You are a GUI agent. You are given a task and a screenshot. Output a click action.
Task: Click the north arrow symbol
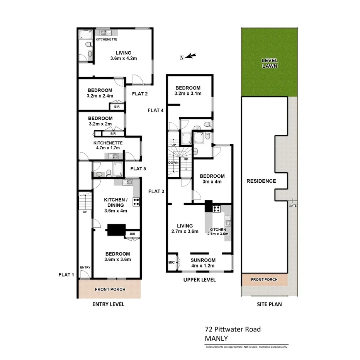tap(191, 57)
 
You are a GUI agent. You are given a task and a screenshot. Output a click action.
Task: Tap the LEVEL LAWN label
tap(270, 63)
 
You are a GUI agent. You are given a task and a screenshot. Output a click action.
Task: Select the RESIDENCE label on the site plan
tap(261, 181)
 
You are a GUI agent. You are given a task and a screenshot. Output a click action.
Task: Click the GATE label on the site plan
tap(292, 205)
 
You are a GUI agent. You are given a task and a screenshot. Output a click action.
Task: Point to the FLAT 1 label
tap(66, 275)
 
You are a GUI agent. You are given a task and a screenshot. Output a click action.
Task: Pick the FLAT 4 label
tap(156, 110)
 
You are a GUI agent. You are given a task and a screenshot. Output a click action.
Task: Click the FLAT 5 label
tap(138, 168)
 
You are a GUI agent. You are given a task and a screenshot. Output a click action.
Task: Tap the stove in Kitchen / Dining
tap(136, 201)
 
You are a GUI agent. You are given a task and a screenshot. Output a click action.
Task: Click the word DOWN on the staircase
tap(173, 163)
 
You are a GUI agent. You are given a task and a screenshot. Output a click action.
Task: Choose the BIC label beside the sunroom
tap(172, 262)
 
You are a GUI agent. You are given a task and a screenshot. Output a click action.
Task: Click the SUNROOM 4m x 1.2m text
tap(203, 263)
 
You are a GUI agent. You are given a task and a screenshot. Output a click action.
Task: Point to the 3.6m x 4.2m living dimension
tap(124, 58)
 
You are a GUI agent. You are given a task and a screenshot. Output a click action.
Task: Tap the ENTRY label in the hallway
tap(85, 267)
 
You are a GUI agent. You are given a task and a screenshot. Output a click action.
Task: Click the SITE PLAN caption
tap(269, 304)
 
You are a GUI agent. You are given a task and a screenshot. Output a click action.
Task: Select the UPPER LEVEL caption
tap(199, 280)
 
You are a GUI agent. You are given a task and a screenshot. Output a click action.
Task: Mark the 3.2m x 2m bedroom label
tap(100, 121)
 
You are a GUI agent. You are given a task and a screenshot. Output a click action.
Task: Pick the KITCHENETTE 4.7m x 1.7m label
tap(108, 145)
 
